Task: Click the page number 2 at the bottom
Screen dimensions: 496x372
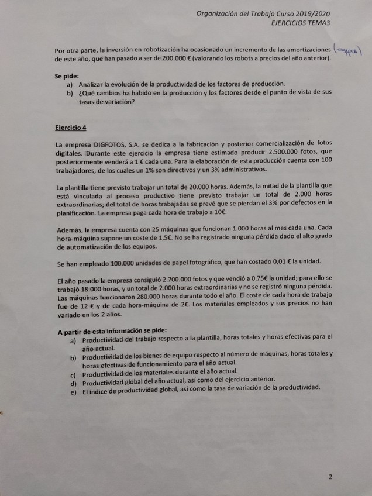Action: pyautogui.click(x=330, y=477)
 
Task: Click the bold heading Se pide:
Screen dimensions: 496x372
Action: pyautogui.click(x=67, y=76)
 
